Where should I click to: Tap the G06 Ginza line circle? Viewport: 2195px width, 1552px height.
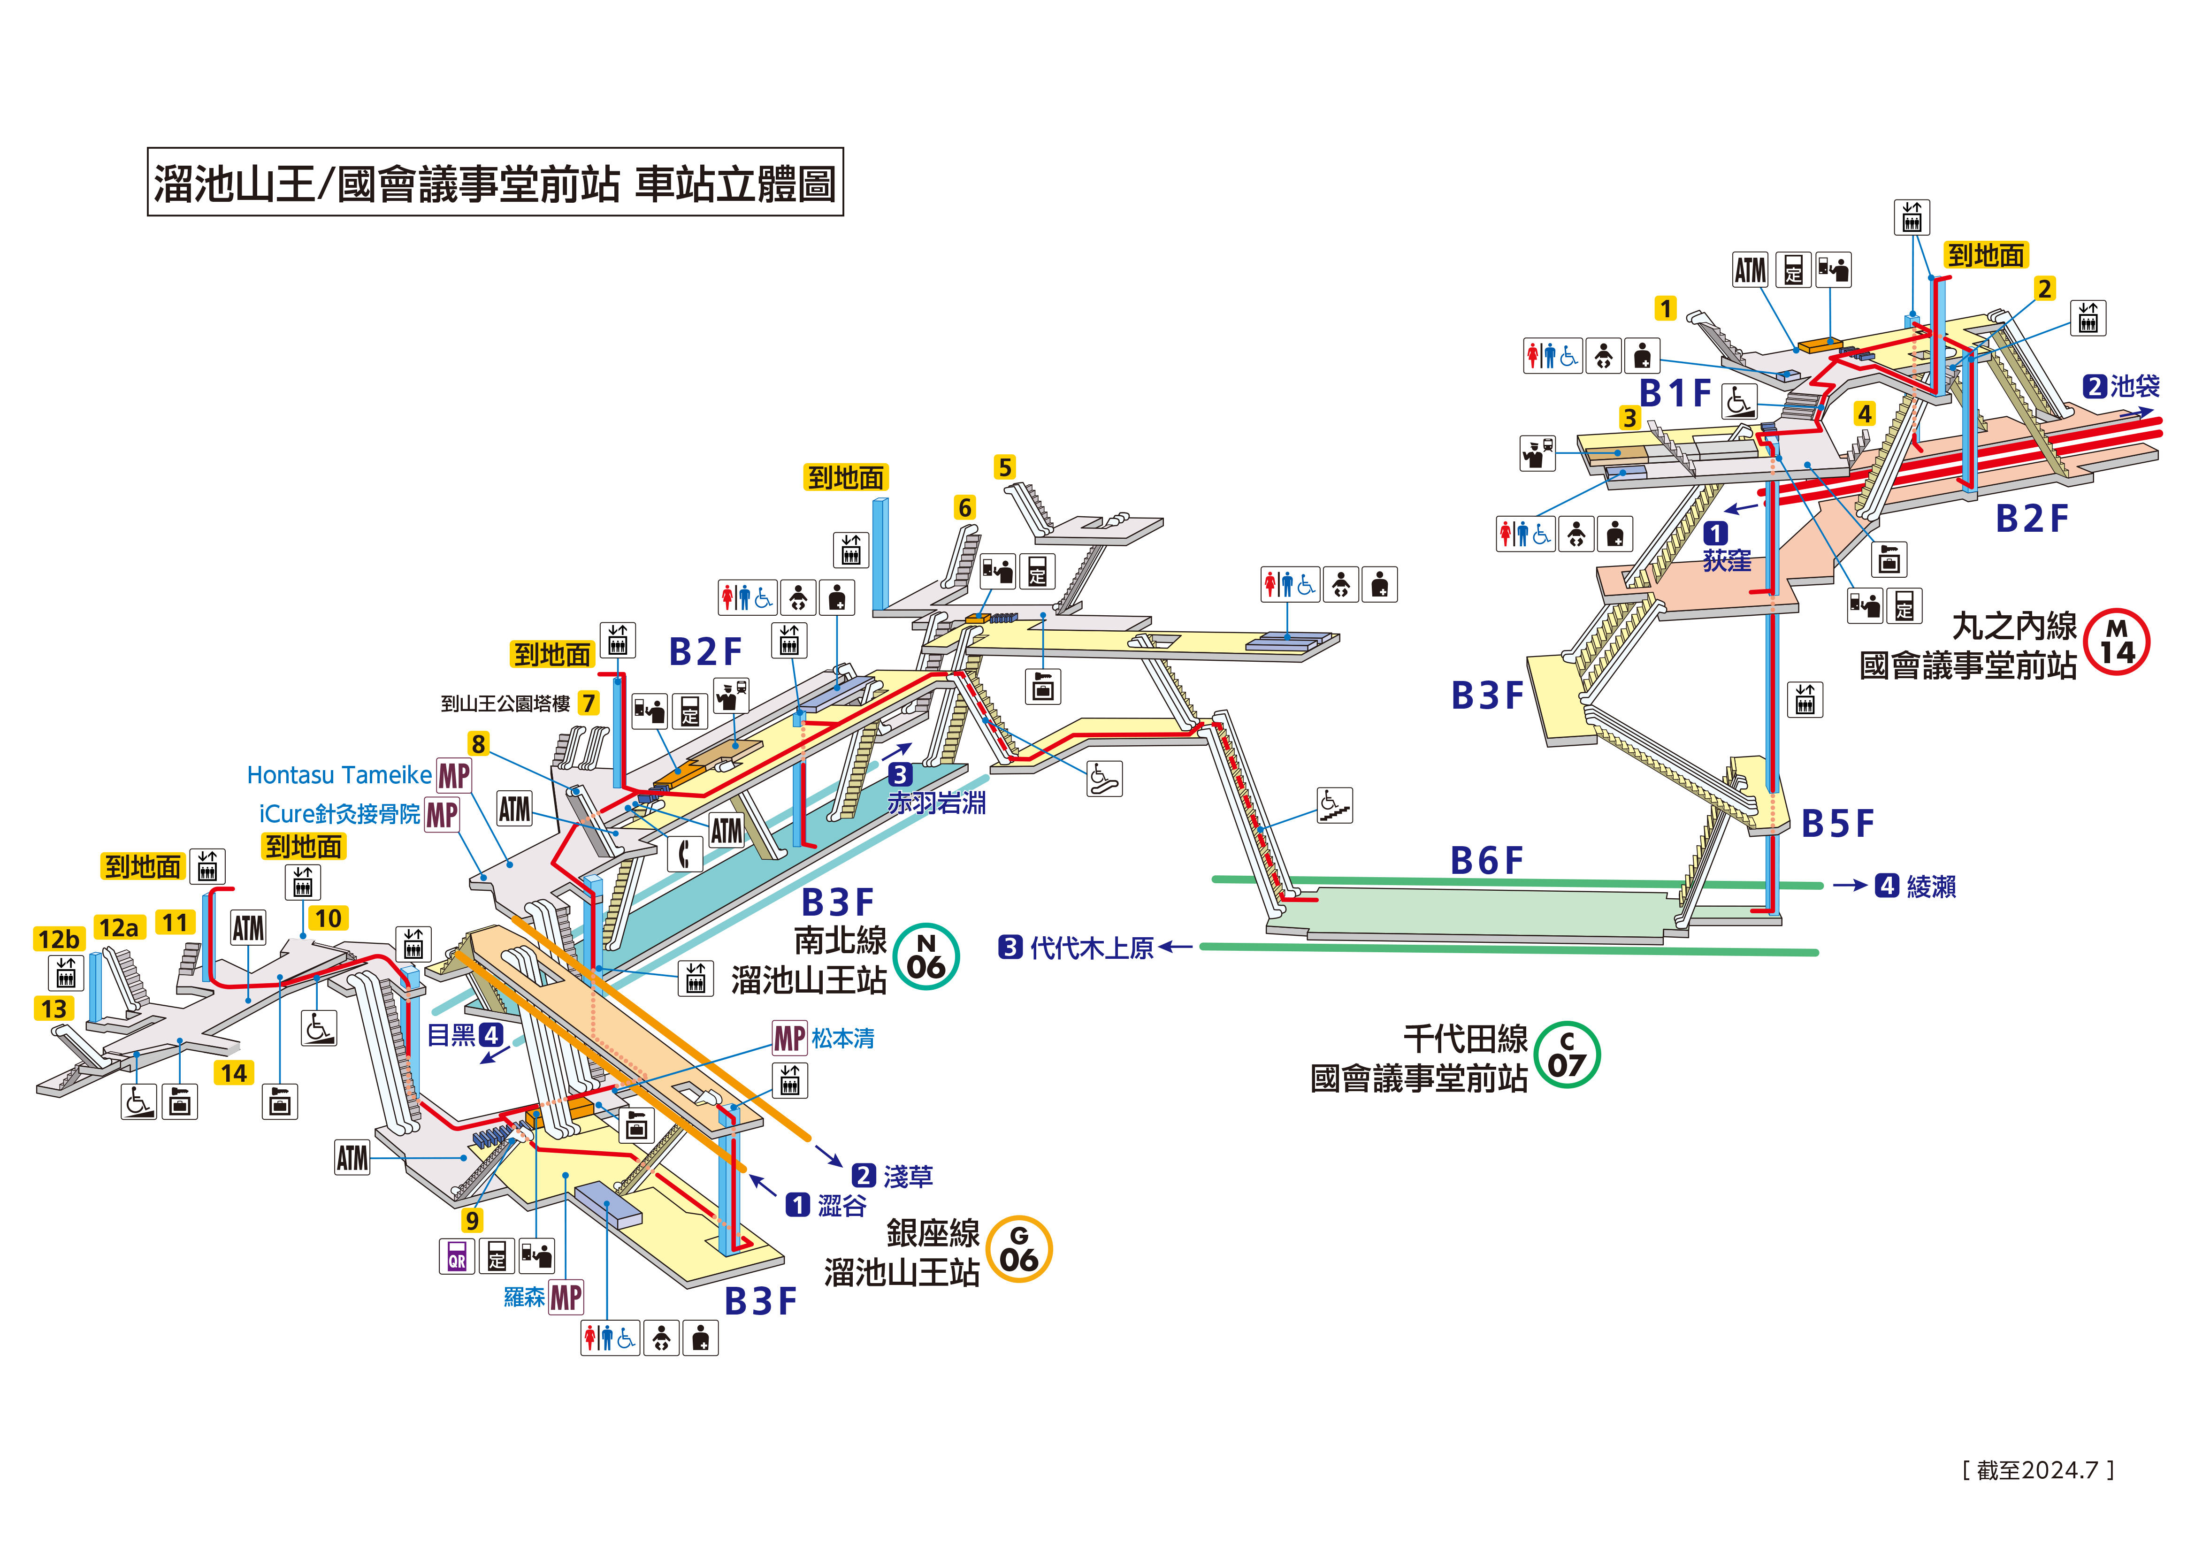[x=1019, y=1249]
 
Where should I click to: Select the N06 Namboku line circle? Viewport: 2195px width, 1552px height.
[x=925, y=956]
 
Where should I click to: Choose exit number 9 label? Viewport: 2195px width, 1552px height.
[x=472, y=1220]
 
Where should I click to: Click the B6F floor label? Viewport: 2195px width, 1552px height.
[x=1487, y=861]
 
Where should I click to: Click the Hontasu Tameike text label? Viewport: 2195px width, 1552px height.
[x=339, y=774]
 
